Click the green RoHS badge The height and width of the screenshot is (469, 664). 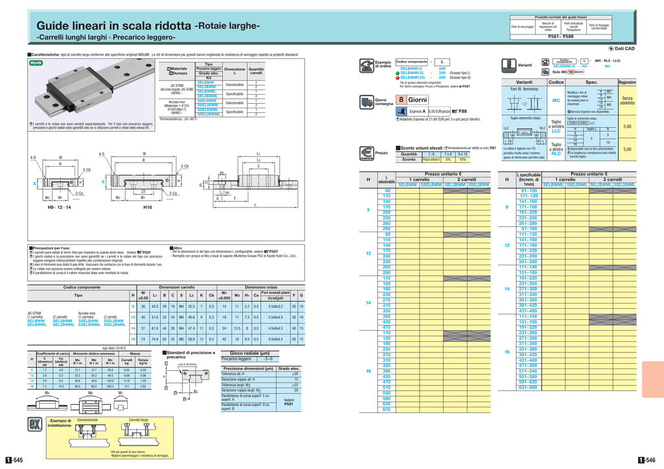click(x=35, y=63)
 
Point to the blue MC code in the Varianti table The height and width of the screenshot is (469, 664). click(x=556, y=101)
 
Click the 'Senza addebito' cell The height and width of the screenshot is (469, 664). click(x=627, y=101)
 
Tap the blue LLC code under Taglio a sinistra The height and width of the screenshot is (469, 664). click(x=556, y=131)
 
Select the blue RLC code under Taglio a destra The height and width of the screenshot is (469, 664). click(x=556, y=154)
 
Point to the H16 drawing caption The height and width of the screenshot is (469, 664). click(x=147, y=207)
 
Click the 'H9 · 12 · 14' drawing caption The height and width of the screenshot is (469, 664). click(x=60, y=207)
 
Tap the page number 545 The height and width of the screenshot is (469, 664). click(x=14, y=460)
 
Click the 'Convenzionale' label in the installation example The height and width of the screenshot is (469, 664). click(x=88, y=420)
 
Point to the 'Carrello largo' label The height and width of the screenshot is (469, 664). click(x=139, y=420)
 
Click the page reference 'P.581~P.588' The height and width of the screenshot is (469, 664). click(x=560, y=37)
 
